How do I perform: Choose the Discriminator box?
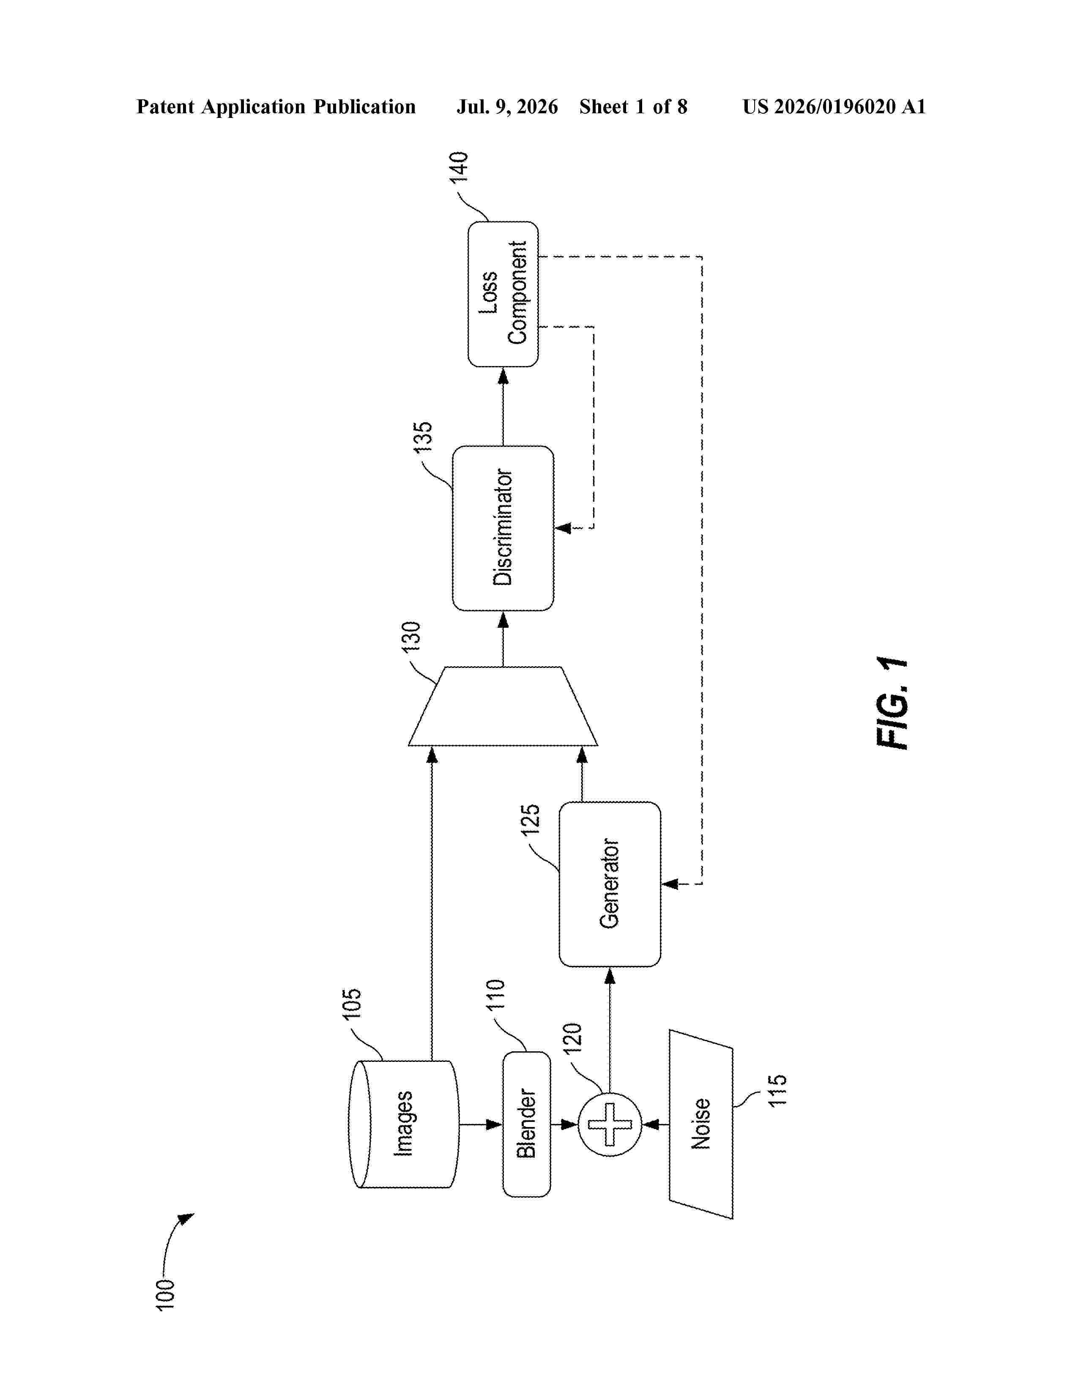[x=503, y=528]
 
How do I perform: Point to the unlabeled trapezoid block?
[x=503, y=706]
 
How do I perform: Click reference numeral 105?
[x=352, y=1004]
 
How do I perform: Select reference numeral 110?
[x=495, y=995]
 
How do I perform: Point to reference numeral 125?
[x=531, y=820]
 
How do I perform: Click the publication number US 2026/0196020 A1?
[x=834, y=107]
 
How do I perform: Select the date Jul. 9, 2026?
[x=507, y=107]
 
